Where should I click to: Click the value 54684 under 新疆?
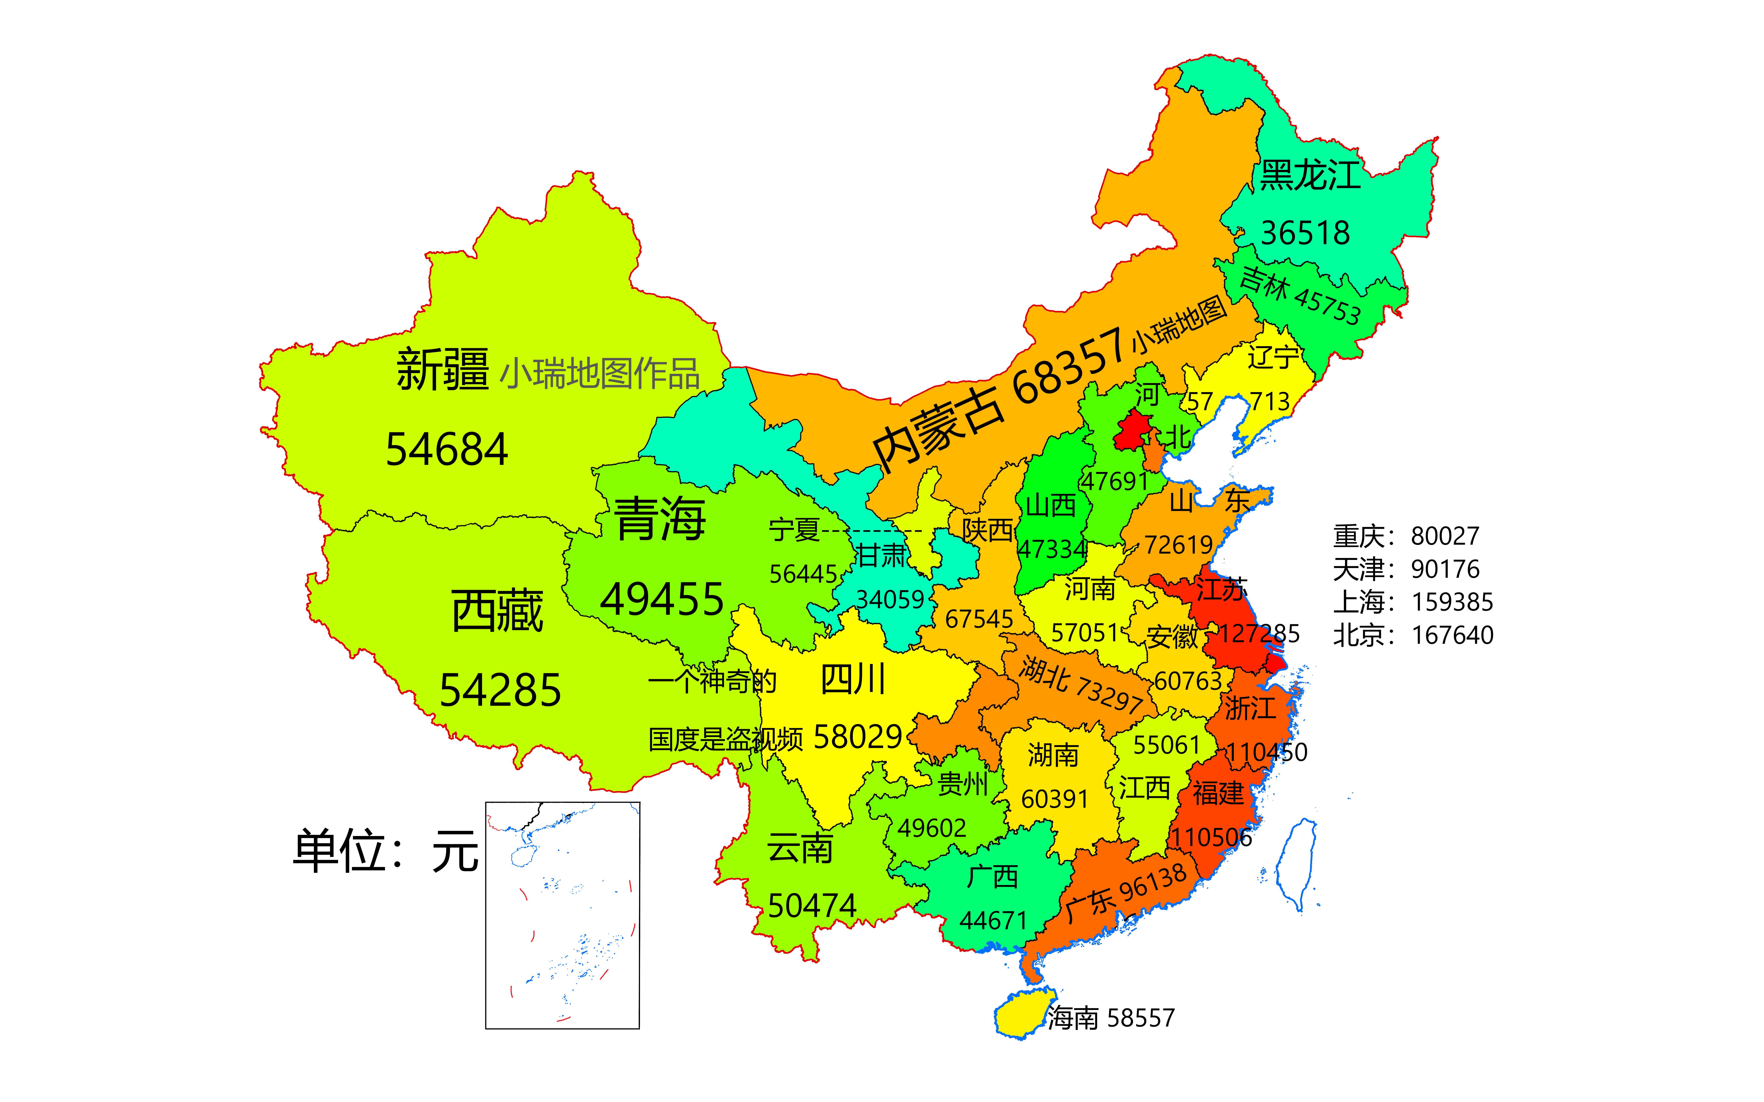[x=446, y=450]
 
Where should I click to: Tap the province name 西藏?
[x=497, y=611]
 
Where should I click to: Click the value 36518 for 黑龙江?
[x=1305, y=233]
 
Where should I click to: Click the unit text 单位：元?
[x=385, y=851]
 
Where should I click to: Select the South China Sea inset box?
[x=562, y=915]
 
